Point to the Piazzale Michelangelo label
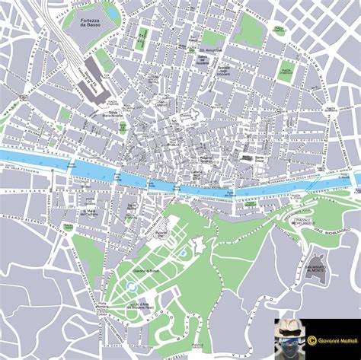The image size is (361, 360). coord(306,223)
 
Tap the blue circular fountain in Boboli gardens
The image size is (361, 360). coord(132,286)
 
